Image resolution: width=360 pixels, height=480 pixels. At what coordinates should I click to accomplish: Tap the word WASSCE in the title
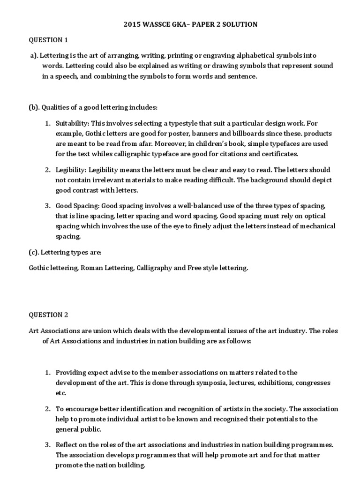coord(162,24)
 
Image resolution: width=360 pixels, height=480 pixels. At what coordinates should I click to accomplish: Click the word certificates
coord(277,153)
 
